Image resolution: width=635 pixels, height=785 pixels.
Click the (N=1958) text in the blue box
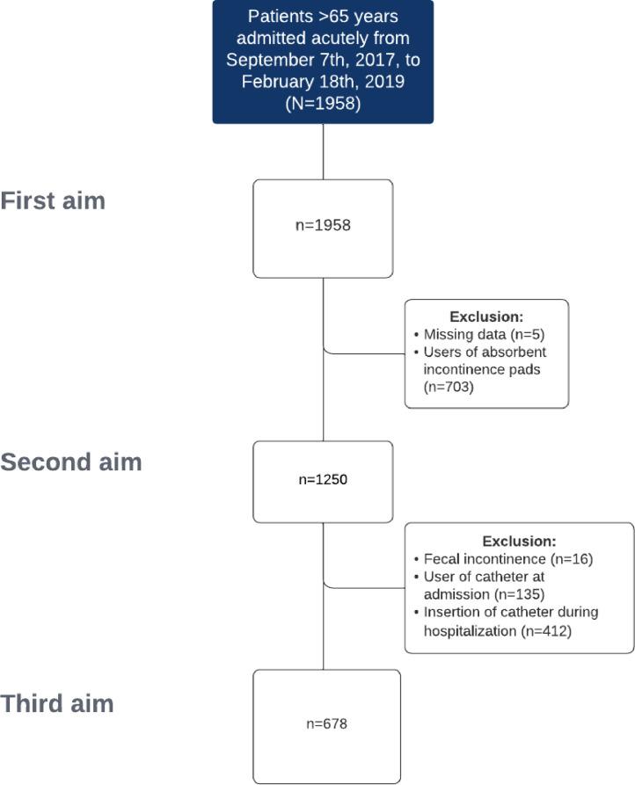pos(324,104)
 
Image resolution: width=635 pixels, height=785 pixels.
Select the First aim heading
pos(53,200)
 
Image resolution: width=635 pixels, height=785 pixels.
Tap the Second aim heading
pos(71,462)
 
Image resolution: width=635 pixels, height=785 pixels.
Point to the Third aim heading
pos(57,704)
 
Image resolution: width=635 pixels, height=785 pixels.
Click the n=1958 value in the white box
pos(324,225)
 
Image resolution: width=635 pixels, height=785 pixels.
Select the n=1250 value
pos(324,482)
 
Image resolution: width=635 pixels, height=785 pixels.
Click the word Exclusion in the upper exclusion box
pos(485,316)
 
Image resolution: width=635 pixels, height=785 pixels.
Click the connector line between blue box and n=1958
pos(324,151)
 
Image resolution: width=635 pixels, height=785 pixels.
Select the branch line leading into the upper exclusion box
pos(364,353)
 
